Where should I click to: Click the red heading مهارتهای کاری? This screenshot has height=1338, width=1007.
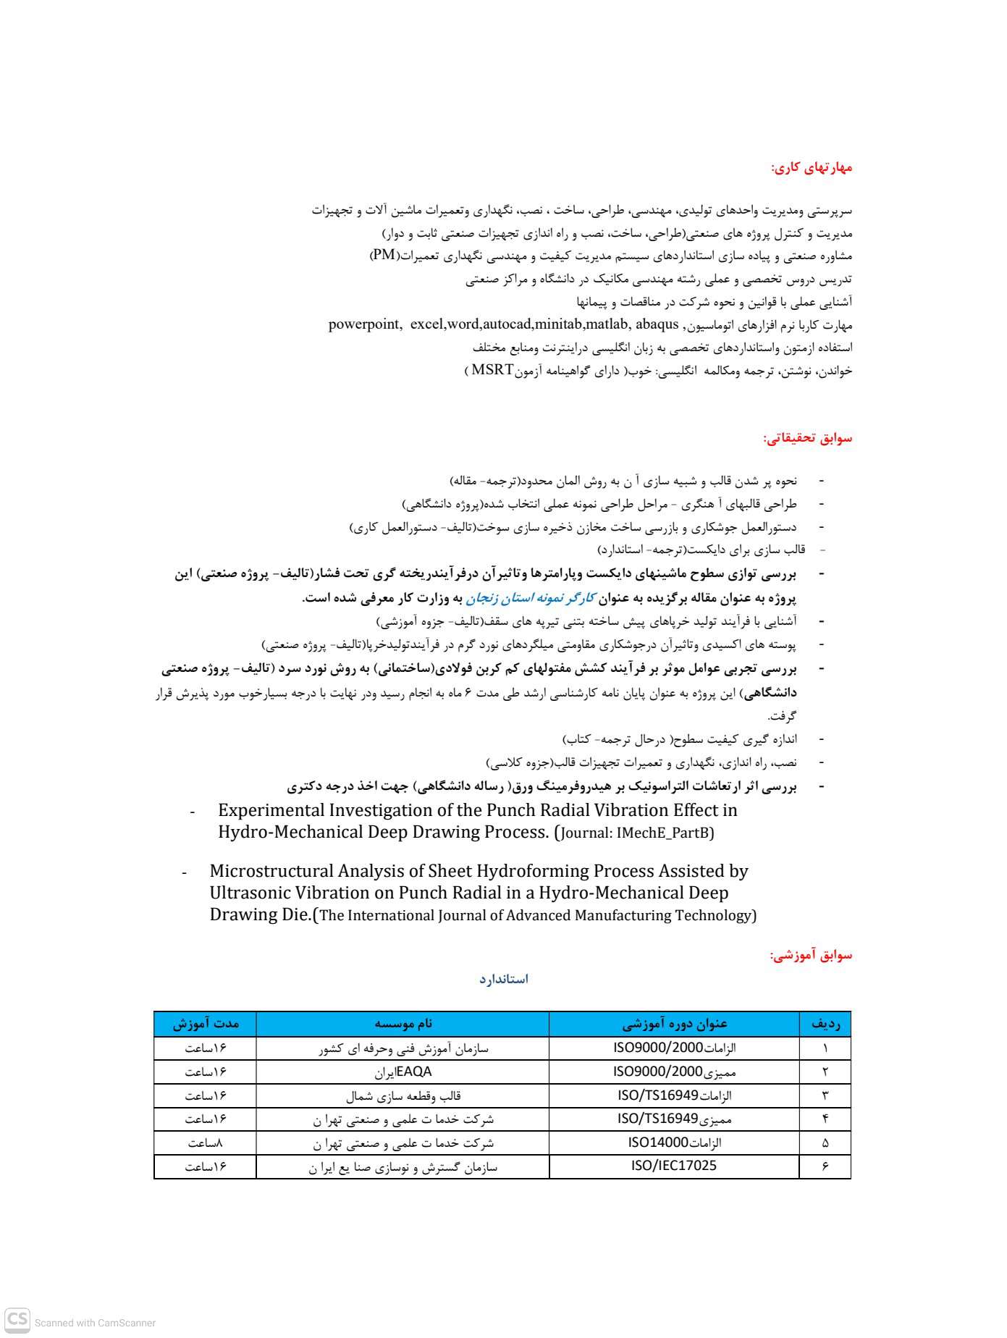(x=811, y=168)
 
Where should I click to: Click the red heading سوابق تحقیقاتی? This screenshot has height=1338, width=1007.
(x=807, y=438)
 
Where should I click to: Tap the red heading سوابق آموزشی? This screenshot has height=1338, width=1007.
(x=811, y=955)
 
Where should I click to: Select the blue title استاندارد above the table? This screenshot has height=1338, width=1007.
(x=503, y=979)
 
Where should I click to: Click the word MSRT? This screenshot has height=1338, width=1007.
(x=492, y=371)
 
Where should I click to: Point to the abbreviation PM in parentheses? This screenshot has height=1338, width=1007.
(x=384, y=255)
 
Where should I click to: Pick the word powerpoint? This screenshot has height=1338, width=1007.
(x=364, y=324)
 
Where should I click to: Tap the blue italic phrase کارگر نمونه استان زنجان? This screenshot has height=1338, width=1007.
(x=531, y=598)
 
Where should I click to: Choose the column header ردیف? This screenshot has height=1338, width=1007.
(x=825, y=1024)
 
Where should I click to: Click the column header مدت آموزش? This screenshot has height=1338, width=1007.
(x=205, y=1024)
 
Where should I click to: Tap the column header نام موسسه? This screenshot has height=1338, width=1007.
(x=403, y=1024)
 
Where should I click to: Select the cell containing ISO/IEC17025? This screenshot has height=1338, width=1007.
(x=674, y=1166)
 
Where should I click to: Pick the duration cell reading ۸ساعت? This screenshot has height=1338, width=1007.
(x=205, y=1143)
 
